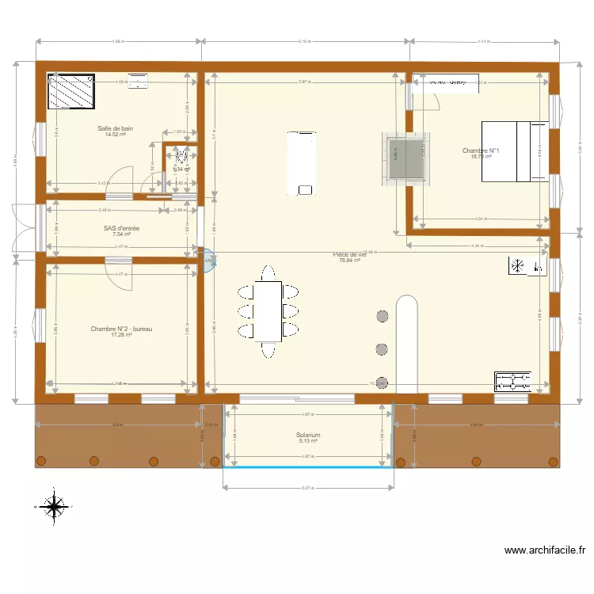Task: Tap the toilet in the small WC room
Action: (181, 157)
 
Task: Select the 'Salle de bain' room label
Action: (116, 128)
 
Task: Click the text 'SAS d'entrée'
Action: (121, 228)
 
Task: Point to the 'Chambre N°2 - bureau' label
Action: (120, 329)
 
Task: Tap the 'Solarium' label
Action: (308, 435)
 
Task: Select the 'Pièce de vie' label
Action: (349, 254)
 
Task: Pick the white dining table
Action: (268, 310)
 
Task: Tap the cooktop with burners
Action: (512, 382)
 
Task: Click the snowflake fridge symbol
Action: (518, 266)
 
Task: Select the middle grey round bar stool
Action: (382, 348)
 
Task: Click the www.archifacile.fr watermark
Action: (545, 550)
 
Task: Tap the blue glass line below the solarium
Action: (308, 466)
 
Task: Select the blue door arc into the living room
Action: (209, 261)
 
